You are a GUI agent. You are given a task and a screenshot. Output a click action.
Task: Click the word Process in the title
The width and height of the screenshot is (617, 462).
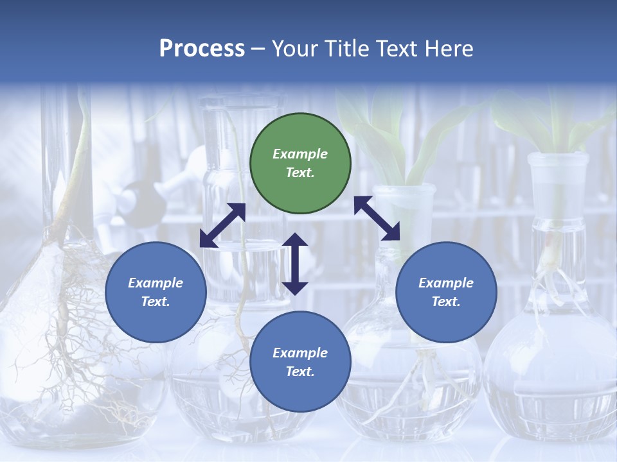(x=202, y=49)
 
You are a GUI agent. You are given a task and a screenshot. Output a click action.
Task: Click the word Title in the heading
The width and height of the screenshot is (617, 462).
(x=346, y=49)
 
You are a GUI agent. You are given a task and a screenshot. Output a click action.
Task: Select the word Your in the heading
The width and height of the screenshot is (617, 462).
(x=295, y=49)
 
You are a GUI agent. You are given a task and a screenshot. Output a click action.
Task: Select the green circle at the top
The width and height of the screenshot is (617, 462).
(x=300, y=164)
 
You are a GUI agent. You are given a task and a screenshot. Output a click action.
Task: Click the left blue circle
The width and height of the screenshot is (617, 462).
(x=156, y=292)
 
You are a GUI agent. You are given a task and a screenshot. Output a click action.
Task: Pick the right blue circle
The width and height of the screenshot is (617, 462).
(x=446, y=292)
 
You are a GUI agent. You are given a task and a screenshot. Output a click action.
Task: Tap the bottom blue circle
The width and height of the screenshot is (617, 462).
(x=300, y=361)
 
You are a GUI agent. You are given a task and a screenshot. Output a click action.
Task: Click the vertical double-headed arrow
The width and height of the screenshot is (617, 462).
(x=295, y=264)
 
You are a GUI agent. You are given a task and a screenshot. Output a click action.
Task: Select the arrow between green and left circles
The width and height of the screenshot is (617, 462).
(x=222, y=225)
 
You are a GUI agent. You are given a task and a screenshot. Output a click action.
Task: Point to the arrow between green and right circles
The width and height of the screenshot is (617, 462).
(x=377, y=218)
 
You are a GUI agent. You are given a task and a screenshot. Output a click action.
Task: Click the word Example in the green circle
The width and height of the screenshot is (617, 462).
(x=300, y=154)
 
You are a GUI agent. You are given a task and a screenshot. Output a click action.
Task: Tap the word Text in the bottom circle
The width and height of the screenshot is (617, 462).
(x=300, y=372)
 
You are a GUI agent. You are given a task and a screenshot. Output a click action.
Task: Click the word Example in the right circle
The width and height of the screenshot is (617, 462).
(x=446, y=283)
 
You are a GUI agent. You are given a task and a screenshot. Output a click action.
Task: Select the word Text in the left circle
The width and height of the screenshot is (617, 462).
(x=156, y=302)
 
